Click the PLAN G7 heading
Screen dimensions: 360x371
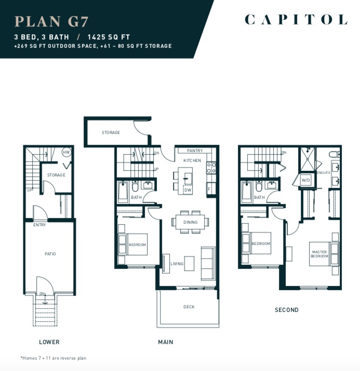point(51,21)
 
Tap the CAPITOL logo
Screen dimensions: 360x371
point(296,19)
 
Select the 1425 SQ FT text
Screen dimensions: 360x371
point(109,37)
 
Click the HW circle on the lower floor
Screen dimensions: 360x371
point(66,153)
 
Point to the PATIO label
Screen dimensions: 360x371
point(50,254)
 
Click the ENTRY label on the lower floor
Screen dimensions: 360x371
point(39,225)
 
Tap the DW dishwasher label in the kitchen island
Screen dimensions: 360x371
point(188,190)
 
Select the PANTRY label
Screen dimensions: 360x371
point(195,150)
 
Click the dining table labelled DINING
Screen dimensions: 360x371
point(190,222)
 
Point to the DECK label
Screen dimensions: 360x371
point(189,307)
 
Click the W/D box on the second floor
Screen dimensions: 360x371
point(305,180)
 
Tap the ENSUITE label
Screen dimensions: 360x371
point(324,173)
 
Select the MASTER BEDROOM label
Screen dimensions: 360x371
point(319,254)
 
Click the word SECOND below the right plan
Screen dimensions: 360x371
point(287,310)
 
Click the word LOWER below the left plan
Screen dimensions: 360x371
point(49,342)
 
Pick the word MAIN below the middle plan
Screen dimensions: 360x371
point(166,342)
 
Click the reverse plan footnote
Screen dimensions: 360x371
point(54,358)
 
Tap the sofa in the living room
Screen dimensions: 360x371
point(208,264)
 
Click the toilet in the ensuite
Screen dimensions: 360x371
point(334,155)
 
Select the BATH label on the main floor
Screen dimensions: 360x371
point(136,197)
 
